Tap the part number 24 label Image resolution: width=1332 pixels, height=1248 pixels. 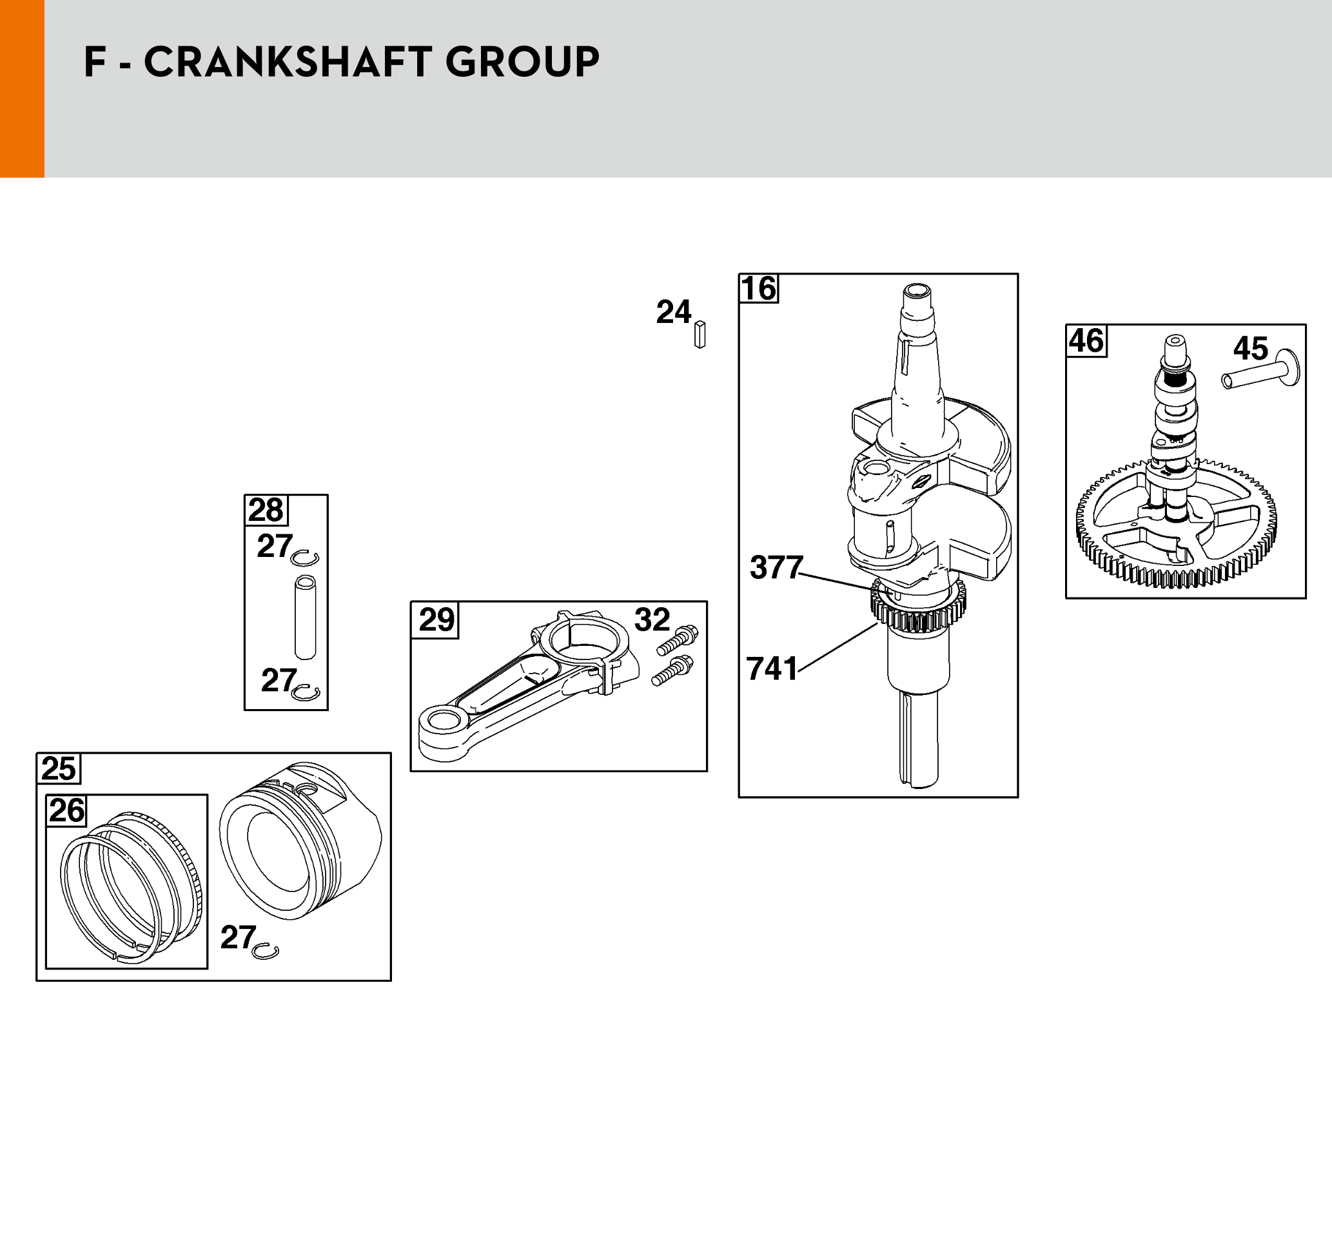pyautogui.click(x=673, y=312)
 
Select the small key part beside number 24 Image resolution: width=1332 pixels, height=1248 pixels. pyautogui.click(x=700, y=335)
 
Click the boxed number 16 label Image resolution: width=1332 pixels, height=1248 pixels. pyautogui.click(x=759, y=289)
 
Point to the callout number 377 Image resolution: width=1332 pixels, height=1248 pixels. pyautogui.click(x=776, y=567)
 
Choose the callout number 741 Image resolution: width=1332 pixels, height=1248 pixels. pyautogui.click(x=772, y=668)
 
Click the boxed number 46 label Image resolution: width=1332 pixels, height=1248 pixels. pyautogui.click(x=1086, y=340)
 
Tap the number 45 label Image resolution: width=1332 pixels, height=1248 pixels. pyautogui.click(x=1250, y=348)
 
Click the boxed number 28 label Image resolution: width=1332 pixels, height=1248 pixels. pyautogui.click(x=266, y=511)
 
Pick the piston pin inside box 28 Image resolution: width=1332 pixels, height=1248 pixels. pyautogui.click(x=306, y=617)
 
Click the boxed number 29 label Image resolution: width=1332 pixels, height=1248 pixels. pyautogui.click(x=436, y=619)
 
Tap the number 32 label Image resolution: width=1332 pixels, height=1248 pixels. pyautogui.click(x=652, y=619)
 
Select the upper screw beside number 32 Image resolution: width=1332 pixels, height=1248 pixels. pyautogui.click(x=678, y=639)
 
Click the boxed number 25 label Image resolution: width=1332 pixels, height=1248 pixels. pyautogui.click(x=58, y=769)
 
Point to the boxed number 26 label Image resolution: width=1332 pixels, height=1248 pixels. pyautogui.click(x=67, y=810)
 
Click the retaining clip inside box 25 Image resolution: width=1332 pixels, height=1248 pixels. pyautogui.click(x=267, y=951)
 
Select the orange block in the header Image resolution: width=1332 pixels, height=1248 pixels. pyautogui.click(x=22, y=88)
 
